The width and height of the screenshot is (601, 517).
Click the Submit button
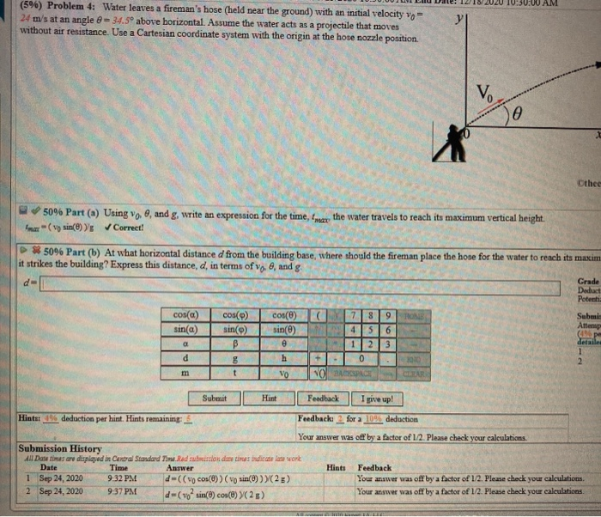tap(215, 398)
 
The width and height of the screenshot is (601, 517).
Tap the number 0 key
tap(367, 357)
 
